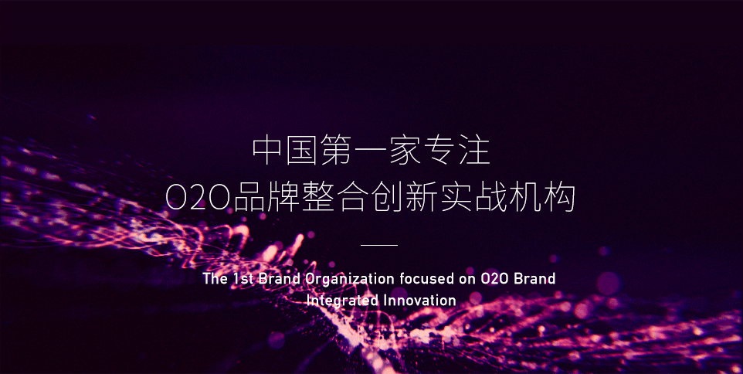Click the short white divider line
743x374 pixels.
coord(379,245)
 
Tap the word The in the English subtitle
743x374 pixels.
coord(215,279)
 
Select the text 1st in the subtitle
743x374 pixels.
coord(243,279)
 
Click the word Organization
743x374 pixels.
coord(349,280)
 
